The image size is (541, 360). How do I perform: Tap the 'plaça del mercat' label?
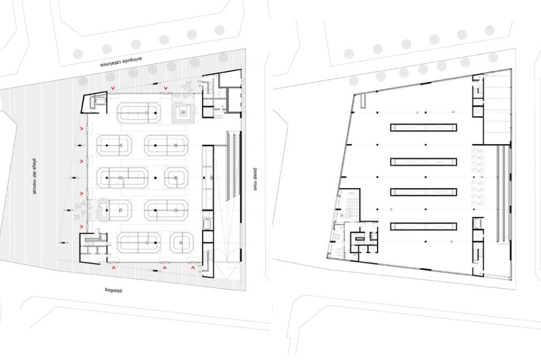tap(34, 176)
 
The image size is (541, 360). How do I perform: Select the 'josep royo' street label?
tap(255, 179)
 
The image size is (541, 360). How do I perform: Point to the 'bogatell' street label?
tap(113, 290)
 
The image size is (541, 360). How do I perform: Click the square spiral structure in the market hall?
tap(183, 113)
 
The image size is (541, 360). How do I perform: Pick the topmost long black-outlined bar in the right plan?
tap(423, 127)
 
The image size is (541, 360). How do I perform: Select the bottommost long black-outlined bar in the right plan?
tap(423, 226)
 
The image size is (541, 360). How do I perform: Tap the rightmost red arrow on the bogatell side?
tap(193, 267)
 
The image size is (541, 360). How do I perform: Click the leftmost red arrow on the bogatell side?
tap(113, 267)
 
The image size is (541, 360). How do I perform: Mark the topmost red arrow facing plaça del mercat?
tap(82, 128)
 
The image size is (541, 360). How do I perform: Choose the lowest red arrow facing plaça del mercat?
tap(82, 226)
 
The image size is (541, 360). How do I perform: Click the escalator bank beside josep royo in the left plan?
tap(233, 166)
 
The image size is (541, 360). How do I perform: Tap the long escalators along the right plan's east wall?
tap(503, 193)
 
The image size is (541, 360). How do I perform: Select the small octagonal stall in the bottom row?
tap(181, 242)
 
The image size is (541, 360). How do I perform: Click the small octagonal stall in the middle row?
tap(176, 177)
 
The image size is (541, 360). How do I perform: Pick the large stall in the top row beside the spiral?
tap(139, 113)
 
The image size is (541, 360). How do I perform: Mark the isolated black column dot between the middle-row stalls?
tap(156, 178)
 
